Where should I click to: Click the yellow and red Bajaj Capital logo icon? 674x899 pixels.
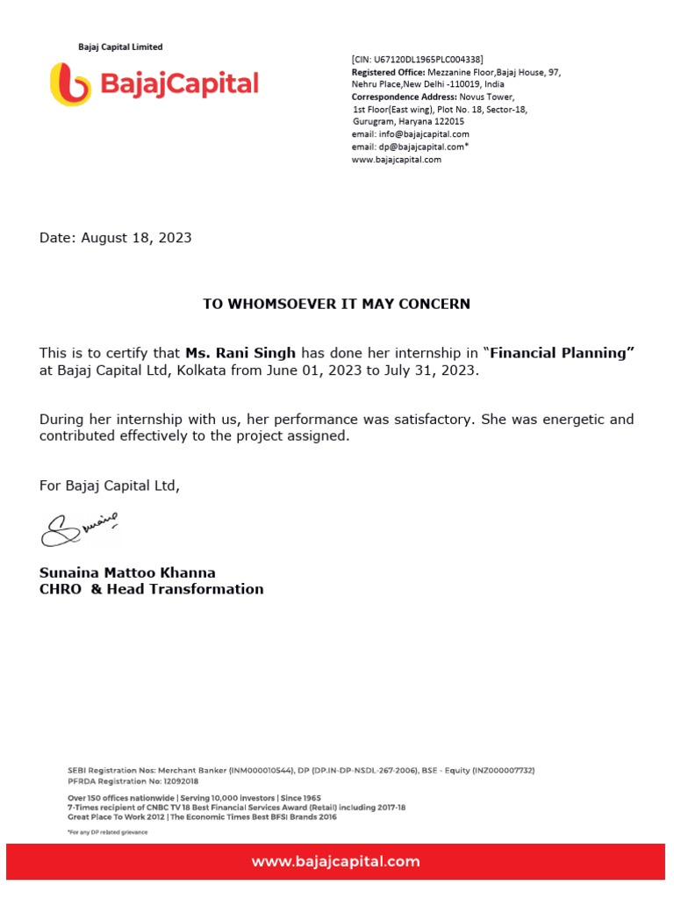70,84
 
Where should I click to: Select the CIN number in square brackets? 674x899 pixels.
417,59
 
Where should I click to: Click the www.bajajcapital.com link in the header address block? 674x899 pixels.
397,160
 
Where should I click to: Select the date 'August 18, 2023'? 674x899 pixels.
136,238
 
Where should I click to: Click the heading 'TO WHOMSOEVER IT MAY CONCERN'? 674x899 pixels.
337,304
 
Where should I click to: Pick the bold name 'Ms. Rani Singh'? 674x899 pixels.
240,353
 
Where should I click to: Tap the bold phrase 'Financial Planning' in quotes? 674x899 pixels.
562,353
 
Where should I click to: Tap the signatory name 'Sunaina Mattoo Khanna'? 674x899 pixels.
127,572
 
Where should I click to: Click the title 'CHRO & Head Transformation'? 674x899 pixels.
151,589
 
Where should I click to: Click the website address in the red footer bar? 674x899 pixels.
336,861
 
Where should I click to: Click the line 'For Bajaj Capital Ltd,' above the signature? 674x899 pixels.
109,485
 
